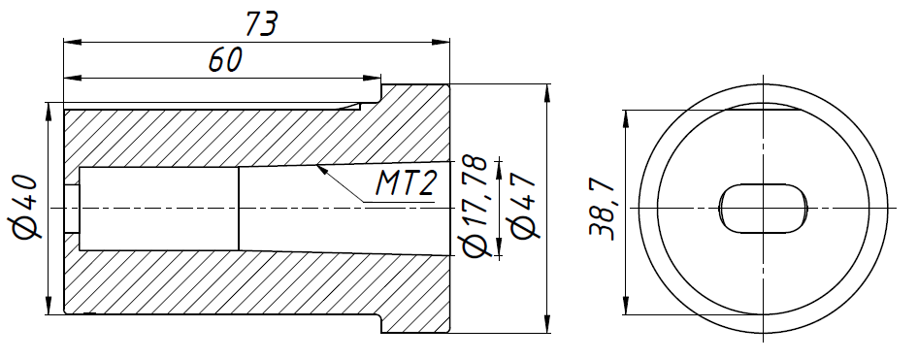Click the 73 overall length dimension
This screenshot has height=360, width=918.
click(x=260, y=24)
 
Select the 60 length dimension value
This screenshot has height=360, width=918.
click(x=225, y=60)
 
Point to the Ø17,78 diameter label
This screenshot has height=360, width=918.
click(x=475, y=207)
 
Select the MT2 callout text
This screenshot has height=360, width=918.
click(x=405, y=183)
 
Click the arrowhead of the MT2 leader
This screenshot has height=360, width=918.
click(x=321, y=171)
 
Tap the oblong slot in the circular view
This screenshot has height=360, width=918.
click(x=763, y=209)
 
